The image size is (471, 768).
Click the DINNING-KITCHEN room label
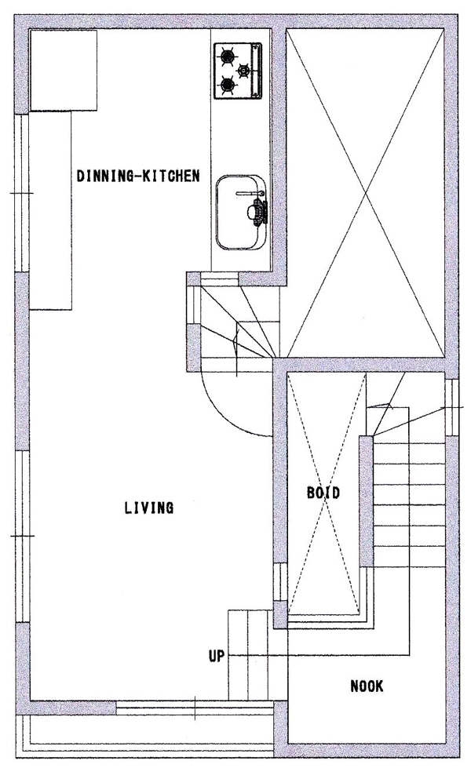tap(138, 176)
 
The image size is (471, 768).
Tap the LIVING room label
tap(148, 508)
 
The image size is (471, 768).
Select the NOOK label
tap(367, 686)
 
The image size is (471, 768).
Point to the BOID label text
tap(323, 492)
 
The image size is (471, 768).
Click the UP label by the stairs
tap(216, 656)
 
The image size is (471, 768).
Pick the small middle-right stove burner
tap(243, 71)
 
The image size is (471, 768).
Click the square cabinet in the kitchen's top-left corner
tap(64, 71)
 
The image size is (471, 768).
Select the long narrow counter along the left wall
tap(51, 210)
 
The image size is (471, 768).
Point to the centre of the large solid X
tap(365, 193)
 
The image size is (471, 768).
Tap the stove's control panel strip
tap(257, 71)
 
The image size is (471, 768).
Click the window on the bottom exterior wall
tap(195, 708)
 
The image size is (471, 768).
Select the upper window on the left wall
tap(22, 193)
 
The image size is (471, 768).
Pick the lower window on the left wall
tap(22, 536)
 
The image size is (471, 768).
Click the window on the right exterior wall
tap(451, 407)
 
